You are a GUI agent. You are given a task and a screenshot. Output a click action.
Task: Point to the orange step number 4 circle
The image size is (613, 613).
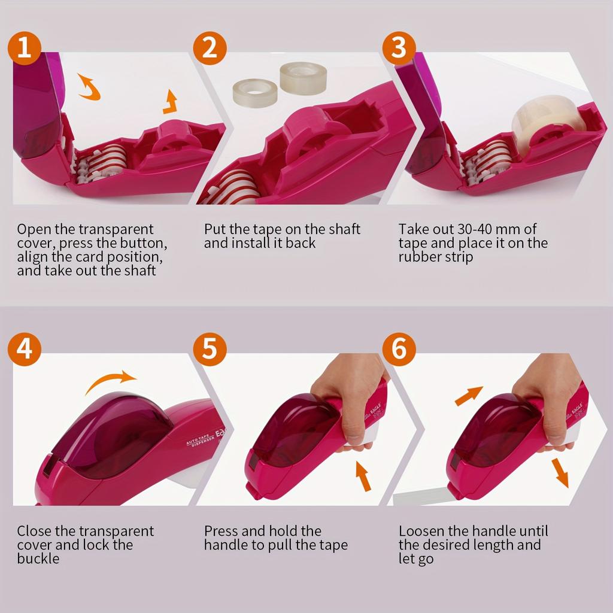coord(24,349)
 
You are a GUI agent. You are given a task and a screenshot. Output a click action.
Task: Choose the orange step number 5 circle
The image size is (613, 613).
coord(209,349)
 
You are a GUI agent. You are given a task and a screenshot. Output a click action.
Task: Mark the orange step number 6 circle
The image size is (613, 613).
coord(399,349)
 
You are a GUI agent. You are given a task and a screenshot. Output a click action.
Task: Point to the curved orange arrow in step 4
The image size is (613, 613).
coord(111,381)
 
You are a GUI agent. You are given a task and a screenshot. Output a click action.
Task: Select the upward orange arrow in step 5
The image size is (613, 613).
coord(363,475)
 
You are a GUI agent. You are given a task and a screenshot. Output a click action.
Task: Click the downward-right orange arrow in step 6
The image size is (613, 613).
coord(560,472)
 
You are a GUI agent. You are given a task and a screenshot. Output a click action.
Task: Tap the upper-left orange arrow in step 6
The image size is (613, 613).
coord(469,395)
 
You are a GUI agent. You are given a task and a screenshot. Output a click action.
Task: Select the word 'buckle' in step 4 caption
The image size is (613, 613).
coord(38,559)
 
